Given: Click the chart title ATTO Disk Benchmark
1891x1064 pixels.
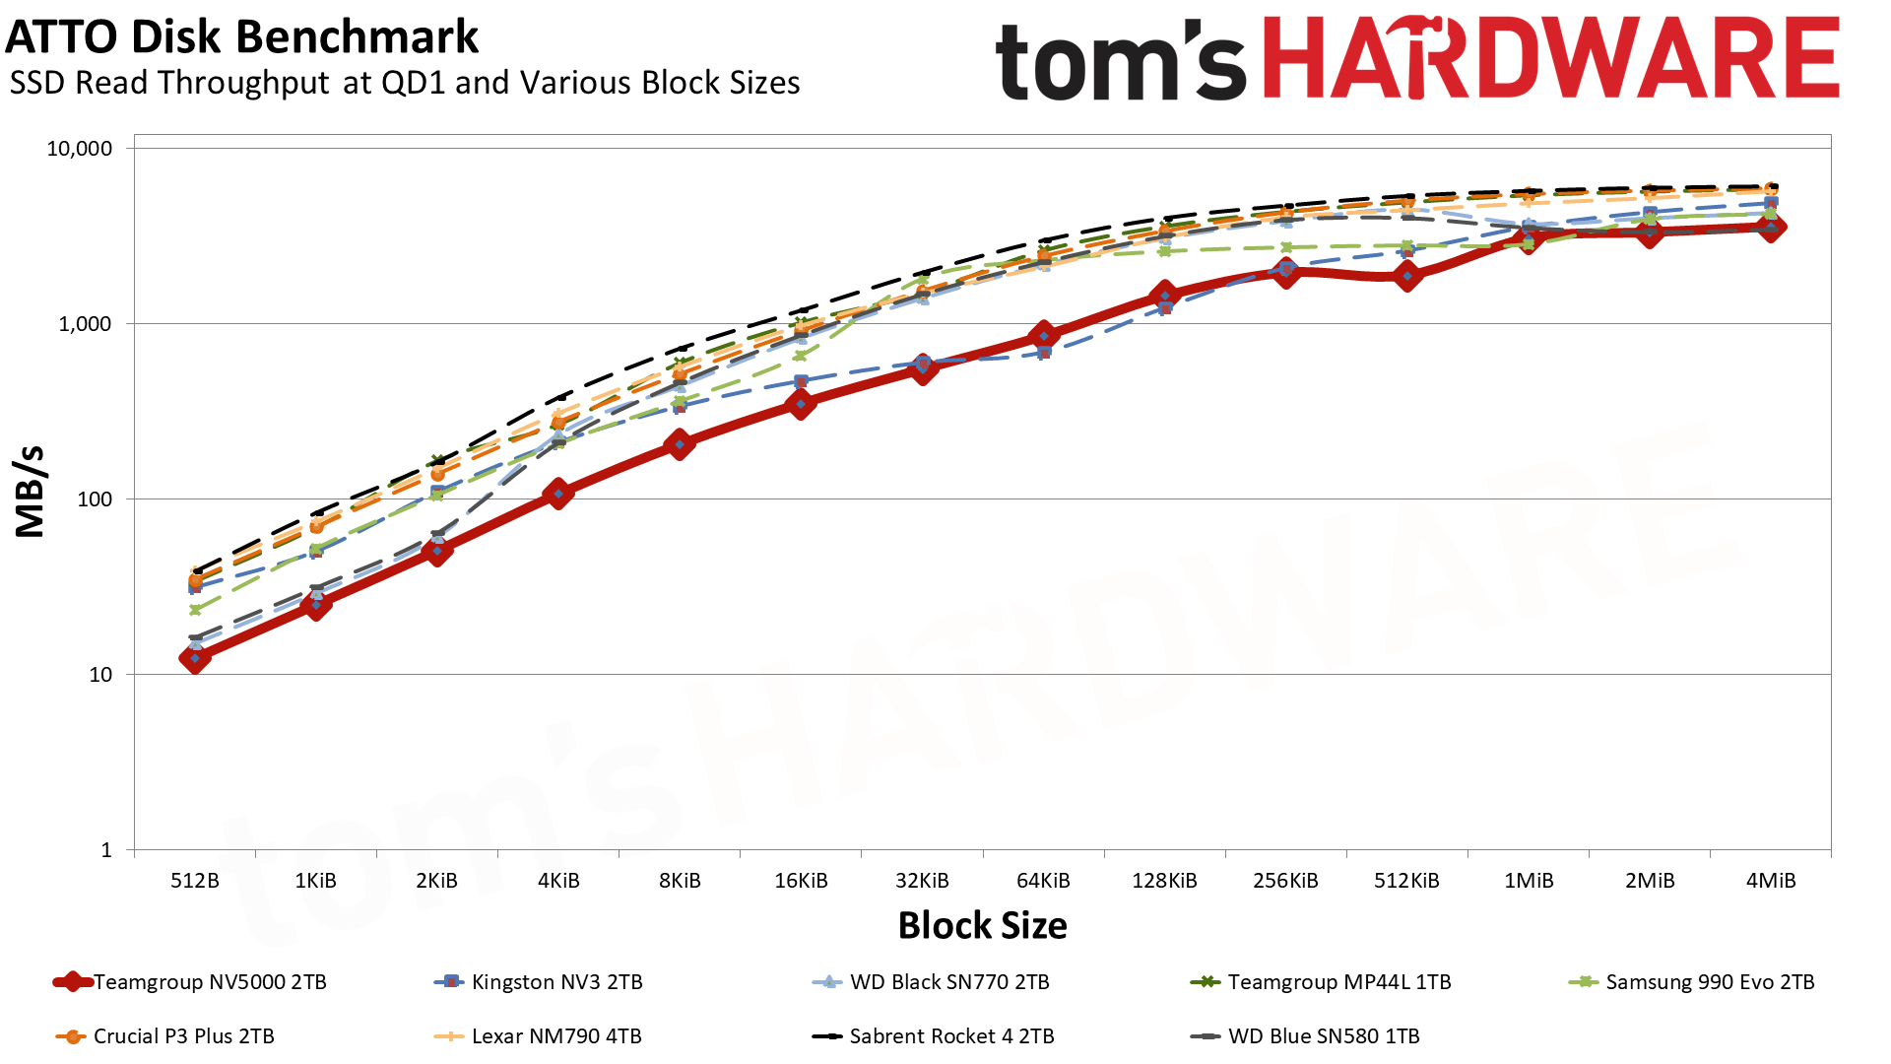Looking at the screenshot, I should (x=242, y=37).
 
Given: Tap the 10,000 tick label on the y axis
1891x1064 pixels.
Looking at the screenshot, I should (x=80, y=149).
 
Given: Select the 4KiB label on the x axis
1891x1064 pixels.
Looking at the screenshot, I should (x=558, y=881).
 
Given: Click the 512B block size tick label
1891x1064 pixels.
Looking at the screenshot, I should (x=195, y=881).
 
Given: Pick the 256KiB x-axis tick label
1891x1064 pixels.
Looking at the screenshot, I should (x=1285, y=881).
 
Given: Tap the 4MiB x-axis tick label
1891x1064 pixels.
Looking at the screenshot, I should (x=1771, y=881).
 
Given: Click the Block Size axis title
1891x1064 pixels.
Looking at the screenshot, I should (x=982, y=926).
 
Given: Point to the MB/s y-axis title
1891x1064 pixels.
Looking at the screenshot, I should (x=31, y=492).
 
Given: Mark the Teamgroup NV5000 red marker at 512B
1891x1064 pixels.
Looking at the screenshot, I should (x=195, y=658).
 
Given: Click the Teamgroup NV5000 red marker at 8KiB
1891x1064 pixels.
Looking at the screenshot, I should (x=679, y=444).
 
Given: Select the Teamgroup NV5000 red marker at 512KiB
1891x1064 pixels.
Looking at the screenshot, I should (x=1407, y=277).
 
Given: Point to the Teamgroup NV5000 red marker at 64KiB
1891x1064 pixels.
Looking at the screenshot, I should (x=1044, y=336).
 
